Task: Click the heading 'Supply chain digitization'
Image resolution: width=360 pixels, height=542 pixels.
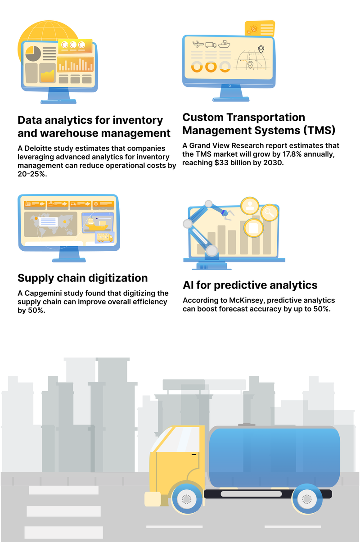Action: click(x=82, y=277)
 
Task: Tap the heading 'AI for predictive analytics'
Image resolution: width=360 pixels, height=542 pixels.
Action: click(x=250, y=285)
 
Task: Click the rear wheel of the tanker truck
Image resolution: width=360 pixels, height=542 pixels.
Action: click(x=306, y=499)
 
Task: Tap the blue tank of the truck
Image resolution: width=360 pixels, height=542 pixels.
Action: click(x=274, y=457)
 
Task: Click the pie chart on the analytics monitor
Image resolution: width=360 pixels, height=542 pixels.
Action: click(x=33, y=54)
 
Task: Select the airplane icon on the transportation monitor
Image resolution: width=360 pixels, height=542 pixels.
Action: click(x=198, y=44)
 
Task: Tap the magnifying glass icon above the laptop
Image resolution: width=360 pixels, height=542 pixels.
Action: click(x=270, y=212)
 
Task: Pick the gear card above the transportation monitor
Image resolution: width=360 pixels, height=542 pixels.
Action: click(x=259, y=29)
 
